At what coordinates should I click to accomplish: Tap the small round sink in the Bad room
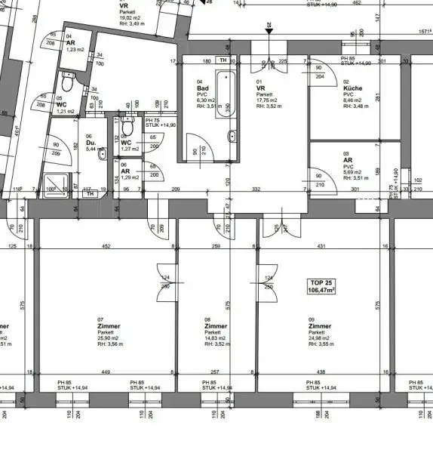click(232, 137)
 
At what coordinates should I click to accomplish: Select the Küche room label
click(352, 88)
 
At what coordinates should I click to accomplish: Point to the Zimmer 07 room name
click(109, 326)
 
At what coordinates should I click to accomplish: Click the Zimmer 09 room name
click(319, 326)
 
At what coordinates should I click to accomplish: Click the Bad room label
click(201, 88)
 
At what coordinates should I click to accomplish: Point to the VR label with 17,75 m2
click(261, 88)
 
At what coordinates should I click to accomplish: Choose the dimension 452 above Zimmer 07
click(106, 245)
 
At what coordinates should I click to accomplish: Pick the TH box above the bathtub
click(223, 60)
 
